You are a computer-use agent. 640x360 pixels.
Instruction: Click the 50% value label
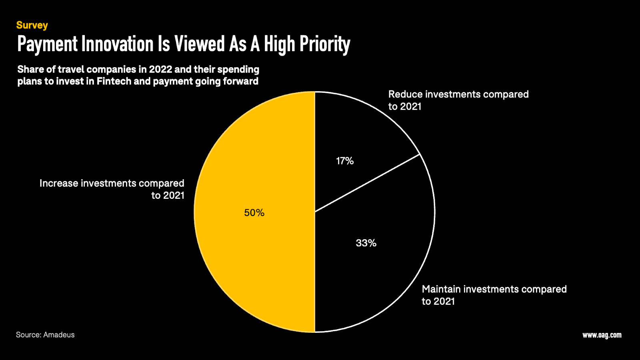pos(254,213)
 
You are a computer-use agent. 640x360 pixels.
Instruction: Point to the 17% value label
pos(345,161)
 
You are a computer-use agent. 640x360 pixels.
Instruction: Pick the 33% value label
pos(366,243)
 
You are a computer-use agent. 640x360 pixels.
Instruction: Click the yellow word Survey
pos(32,25)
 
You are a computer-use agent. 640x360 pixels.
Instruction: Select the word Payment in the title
pos(48,44)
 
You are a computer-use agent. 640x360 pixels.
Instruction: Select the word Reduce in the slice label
pos(405,94)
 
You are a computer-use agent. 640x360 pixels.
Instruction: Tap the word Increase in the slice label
pos(59,183)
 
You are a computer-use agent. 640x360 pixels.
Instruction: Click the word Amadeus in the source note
pos(59,335)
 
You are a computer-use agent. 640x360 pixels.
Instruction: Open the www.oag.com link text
pos(602,335)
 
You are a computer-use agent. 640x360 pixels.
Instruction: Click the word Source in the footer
pos(28,335)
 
